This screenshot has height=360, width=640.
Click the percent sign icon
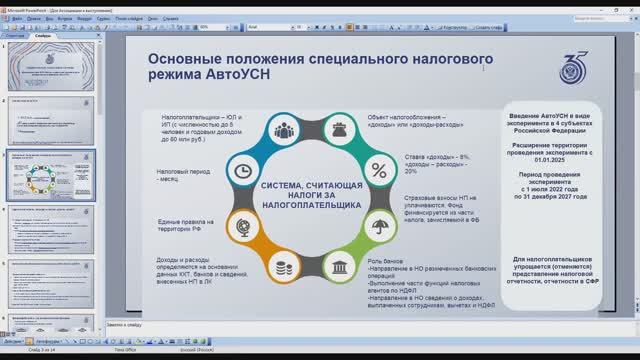click(x=378, y=170)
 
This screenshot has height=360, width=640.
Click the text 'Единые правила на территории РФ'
click(x=185, y=224)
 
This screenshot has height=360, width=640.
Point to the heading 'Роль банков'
click(x=386, y=260)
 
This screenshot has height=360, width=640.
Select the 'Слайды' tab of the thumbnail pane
click(x=42, y=35)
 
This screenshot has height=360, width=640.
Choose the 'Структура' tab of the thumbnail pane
click(x=16, y=35)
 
